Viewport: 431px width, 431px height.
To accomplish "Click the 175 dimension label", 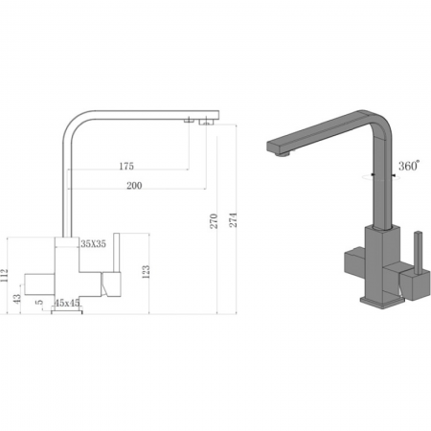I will click(126, 167).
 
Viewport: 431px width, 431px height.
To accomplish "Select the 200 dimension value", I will click(134, 185).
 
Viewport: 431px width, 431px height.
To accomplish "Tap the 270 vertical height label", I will click(214, 221).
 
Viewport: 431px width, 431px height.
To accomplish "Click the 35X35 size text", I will click(94, 244).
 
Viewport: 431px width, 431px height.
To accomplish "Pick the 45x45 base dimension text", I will click(68, 303).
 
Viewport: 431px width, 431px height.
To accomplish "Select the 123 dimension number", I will click(146, 271).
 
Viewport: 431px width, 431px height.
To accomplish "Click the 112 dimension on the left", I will click(6, 277).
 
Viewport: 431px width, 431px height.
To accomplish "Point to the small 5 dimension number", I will click(39, 303).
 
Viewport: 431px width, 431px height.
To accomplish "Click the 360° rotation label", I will click(408, 166).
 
